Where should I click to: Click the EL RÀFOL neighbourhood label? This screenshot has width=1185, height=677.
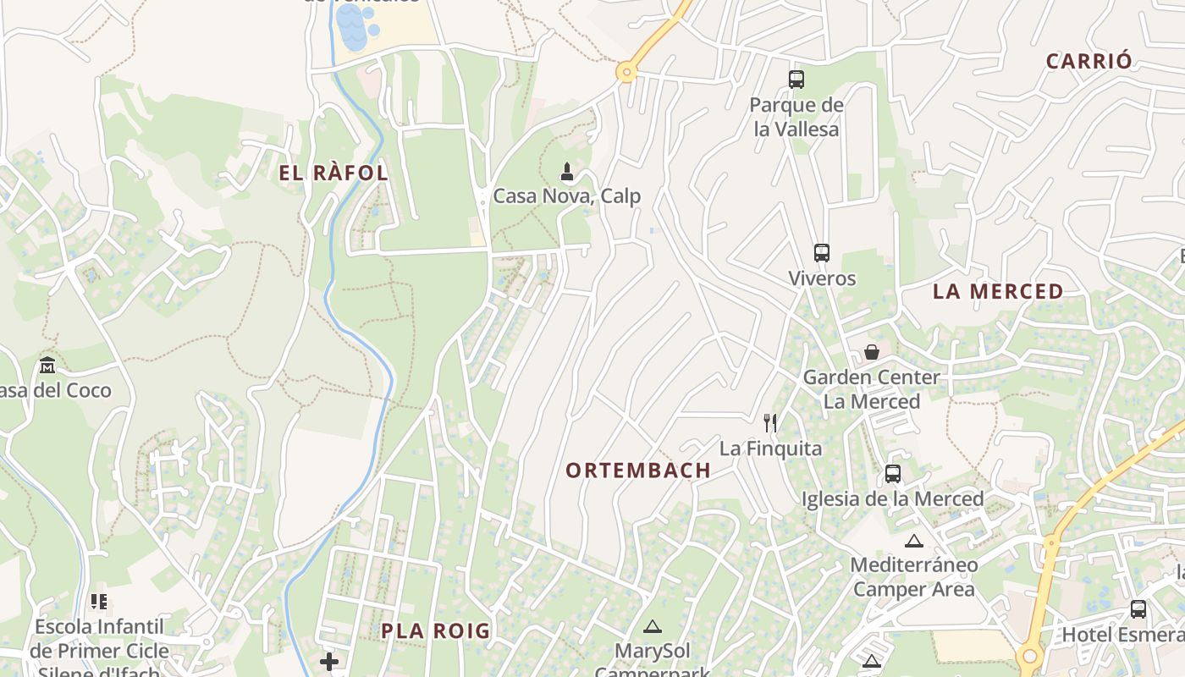(333, 173)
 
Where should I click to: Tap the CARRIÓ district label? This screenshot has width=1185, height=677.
(1089, 61)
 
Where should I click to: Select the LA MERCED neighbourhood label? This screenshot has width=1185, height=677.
(998, 291)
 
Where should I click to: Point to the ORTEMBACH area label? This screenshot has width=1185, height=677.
(638, 471)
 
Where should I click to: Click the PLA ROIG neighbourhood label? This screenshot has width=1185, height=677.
(436, 630)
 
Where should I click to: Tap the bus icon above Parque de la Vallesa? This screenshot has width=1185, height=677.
(796, 80)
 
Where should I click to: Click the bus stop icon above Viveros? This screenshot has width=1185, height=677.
(822, 252)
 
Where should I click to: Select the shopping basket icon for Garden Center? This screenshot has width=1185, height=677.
(872, 351)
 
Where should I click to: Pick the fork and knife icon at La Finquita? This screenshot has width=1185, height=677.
(770, 422)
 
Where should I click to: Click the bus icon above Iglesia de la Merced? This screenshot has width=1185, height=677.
(893, 474)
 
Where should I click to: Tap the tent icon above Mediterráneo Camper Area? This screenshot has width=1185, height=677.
(913, 541)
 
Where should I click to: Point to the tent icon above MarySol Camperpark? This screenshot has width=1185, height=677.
(652, 626)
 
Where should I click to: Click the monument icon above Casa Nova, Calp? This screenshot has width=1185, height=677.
(567, 172)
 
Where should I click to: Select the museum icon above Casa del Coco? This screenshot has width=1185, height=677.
(47, 366)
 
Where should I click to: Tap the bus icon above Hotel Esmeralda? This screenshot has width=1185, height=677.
(1138, 608)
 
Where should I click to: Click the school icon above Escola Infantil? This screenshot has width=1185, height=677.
(99, 602)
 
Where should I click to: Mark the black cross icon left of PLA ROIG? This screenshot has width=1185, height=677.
(329, 661)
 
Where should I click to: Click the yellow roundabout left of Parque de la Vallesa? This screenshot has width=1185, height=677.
(626, 73)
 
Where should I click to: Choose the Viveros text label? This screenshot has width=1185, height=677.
(822, 278)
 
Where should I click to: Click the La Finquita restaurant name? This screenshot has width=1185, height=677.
(770, 449)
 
